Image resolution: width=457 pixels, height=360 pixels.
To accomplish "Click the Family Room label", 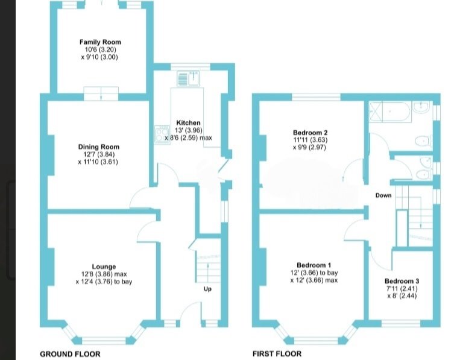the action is pyautogui.click(x=100, y=42).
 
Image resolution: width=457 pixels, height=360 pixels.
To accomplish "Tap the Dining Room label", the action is pyautogui.click(x=99, y=147).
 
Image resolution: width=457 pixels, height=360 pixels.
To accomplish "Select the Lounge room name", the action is pyautogui.click(x=104, y=267).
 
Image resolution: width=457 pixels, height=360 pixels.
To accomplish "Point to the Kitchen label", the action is pyautogui.click(x=188, y=123).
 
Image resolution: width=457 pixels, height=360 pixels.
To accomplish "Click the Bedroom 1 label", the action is pyautogui.click(x=314, y=265).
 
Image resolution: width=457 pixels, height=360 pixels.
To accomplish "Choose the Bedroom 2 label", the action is pyautogui.click(x=310, y=133).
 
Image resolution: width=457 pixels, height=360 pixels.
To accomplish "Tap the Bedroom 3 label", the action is pyautogui.click(x=402, y=281).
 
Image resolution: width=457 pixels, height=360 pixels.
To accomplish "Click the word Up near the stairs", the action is pyautogui.click(x=207, y=289).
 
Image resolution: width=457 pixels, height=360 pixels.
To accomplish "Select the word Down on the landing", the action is pyautogui.click(x=383, y=195).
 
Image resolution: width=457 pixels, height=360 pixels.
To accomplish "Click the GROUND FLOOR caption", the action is pyautogui.click(x=71, y=354).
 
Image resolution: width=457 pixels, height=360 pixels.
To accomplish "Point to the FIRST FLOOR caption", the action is pyautogui.click(x=277, y=354).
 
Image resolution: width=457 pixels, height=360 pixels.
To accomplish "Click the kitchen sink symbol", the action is pyautogui.click(x=188, y=79).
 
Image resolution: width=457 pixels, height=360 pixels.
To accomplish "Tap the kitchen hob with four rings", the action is pyautogui.click(x=162, y=134).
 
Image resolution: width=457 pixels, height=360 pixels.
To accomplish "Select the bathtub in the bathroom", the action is pyautogui.click(x=390, y=112).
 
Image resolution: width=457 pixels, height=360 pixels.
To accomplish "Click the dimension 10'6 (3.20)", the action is pyautogui.click(x=101, y=49).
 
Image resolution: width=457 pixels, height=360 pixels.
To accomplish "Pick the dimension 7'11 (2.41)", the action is pyautogui.click(x=402, y=289).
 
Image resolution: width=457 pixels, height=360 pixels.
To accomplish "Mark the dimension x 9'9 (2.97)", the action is pyautogui.click(x=309, y=148).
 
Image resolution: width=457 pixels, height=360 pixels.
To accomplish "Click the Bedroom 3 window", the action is pyautogui.click(x=401, y=323).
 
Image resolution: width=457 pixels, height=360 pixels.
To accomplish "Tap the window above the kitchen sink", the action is pyautogui.click(x=191, y=67).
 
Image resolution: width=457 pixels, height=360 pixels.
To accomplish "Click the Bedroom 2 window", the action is pyautogui.click(x=317, y=97).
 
